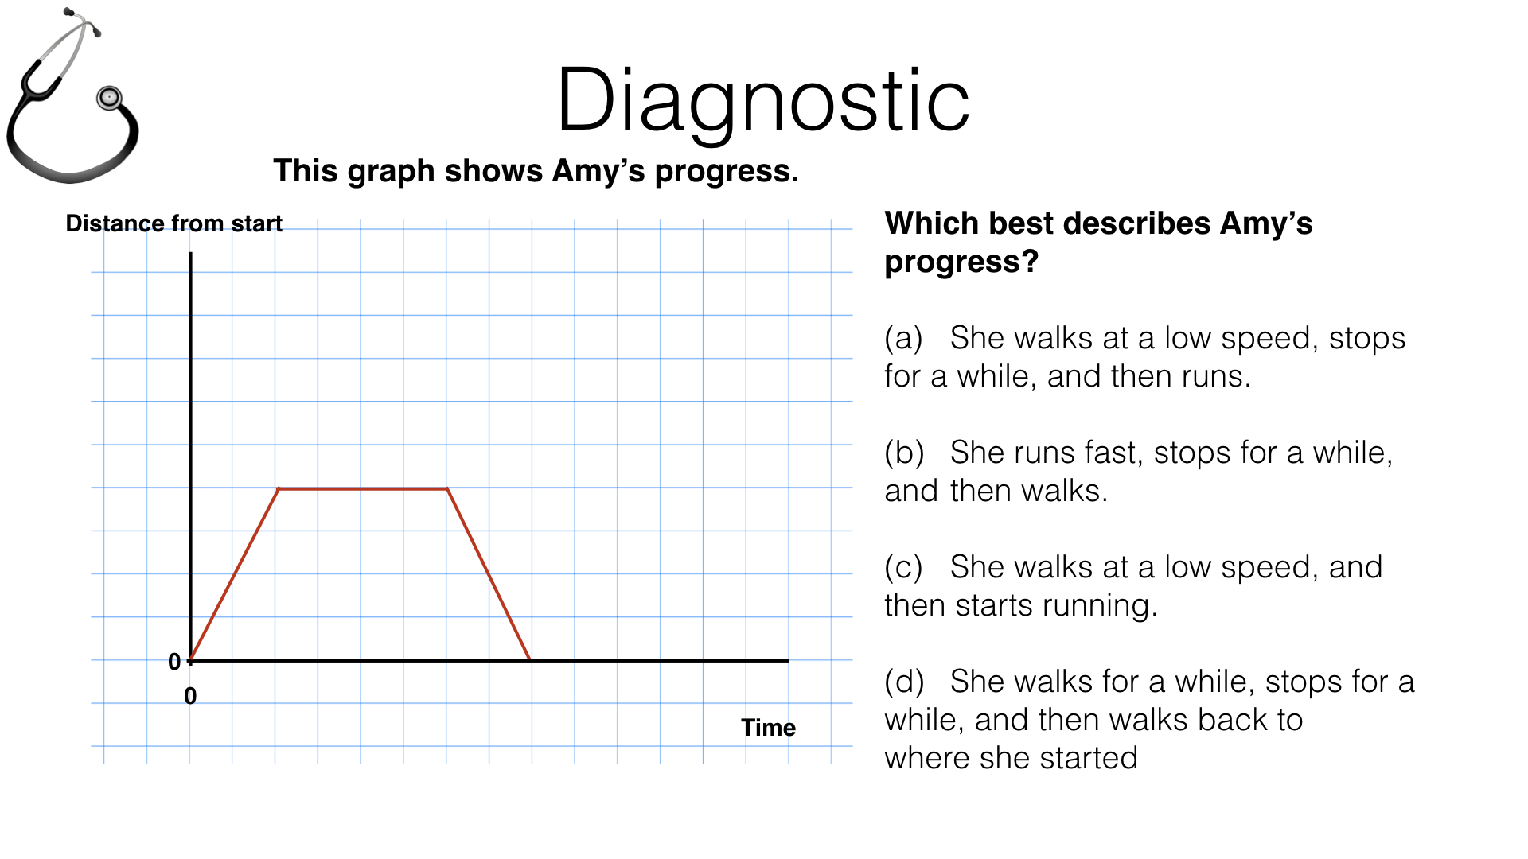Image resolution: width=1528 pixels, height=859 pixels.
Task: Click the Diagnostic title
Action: tap(762, 102)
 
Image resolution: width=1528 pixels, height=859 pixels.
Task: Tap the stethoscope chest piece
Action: tap(109, 98)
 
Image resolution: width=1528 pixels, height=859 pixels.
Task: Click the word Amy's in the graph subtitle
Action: tap(598, 171)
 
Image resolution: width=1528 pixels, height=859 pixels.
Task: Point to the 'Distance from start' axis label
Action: tap(173, 223)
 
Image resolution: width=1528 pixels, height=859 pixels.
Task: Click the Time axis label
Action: tap(768, 728)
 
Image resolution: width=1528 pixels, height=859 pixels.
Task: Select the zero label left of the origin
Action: tap(174, 662)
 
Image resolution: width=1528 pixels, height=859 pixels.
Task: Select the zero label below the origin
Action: tap(190, 696)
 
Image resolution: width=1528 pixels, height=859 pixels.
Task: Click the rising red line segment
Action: tap(235, 574)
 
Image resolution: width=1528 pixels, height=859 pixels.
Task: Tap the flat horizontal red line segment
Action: tap(362, 488)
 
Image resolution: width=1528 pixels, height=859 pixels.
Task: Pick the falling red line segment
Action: tap(489, 574)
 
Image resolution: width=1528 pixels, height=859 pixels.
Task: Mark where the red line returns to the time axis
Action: tap(530, 659)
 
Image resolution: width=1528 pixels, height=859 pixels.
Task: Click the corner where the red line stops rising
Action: tap(279, 488)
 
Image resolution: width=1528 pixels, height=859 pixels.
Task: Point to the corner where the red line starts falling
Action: tap(447, 488)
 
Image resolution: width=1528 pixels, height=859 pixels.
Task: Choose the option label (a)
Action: tap(903, 339)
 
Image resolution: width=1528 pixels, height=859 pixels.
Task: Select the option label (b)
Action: tap(904, 453)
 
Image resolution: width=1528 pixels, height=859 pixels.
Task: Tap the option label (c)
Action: tap(903, 568)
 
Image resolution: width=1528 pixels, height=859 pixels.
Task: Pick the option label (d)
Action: tap(904, 682)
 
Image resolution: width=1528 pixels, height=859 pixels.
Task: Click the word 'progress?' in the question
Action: tap(961, 262)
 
